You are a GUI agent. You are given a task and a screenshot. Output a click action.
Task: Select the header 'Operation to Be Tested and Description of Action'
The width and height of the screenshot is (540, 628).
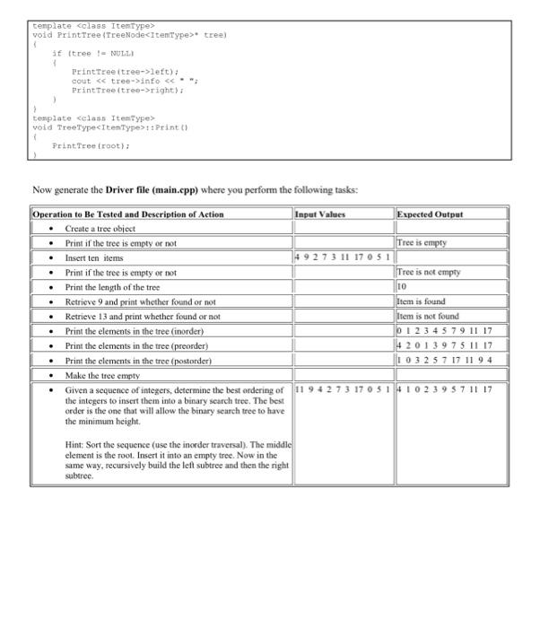[128, 214]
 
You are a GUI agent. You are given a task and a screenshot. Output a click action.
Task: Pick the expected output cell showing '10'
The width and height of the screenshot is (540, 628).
[403, 287]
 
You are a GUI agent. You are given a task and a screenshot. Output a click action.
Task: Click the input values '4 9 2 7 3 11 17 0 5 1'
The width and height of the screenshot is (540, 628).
[343, 257]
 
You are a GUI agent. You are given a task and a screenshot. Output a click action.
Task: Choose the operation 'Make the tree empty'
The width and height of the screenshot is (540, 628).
[103, 375]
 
